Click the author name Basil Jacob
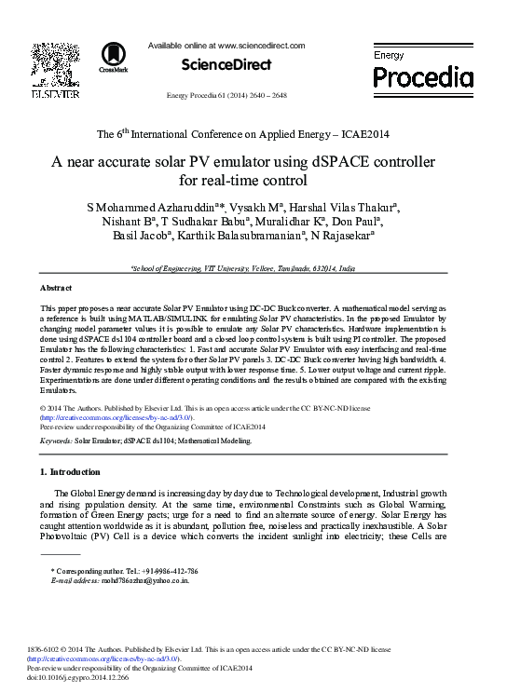click(162, 237)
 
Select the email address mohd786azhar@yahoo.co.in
click(143, 579)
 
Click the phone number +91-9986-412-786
click(166, 570)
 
